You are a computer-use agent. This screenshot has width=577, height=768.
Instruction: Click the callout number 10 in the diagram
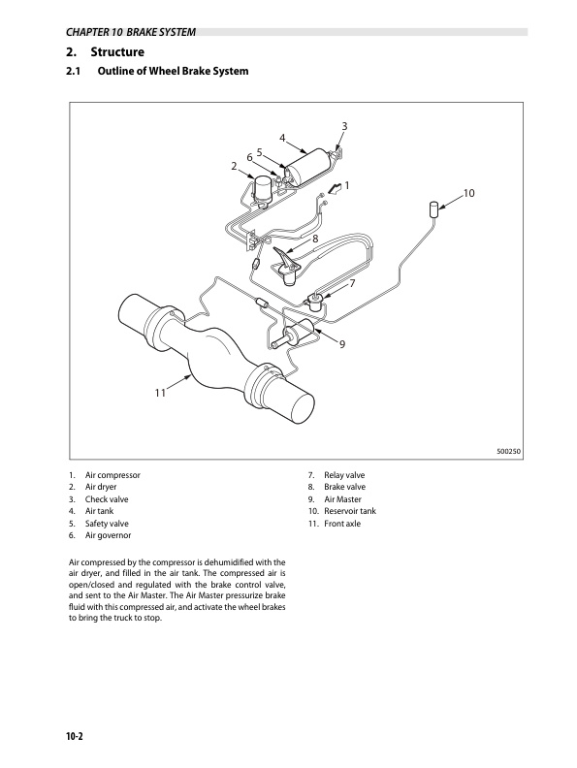pyautogui.click(x=468, y=193)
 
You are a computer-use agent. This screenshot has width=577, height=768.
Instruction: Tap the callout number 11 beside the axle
pyautogui.click(x=160, y=393)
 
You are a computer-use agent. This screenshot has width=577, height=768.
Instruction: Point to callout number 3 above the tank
pyautogui.click(x=344, y=126)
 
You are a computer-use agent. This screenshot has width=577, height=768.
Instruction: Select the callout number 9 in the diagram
pyautogui.click(x=342, y=344)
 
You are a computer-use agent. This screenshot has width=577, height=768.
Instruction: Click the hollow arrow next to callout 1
pyautogui.click(x=335, y=188)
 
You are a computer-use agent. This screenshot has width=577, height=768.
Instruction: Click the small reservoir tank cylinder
pyautogui.click(x=433, y=209)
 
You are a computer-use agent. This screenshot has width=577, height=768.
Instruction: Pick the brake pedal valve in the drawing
pyautogui.click(x=286, y=266)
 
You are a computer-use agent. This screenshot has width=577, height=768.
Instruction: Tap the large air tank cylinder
pyautogui.click(x=308, y=166)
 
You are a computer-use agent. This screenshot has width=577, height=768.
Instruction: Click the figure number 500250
pyautogui.click(x=509, y=452)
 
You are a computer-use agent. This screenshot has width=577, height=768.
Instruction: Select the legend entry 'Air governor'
pyautogui.click(x=109, y=535)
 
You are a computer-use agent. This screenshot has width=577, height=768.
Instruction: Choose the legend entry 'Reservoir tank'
pyautogui.click(x=350, y=511)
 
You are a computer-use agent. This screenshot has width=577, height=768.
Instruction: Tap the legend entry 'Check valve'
pyautogui.click(x=107, y=499)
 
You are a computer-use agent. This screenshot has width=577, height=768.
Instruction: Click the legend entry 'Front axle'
pyautogui.click(x=342, y=523)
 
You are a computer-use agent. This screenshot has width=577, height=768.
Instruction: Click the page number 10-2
pyautogui.click(x=75, y=736)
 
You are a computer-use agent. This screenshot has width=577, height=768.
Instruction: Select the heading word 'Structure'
pyautogui.click(x=117, y=52)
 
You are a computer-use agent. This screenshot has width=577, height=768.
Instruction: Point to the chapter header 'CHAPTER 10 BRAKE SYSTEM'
pyautogui.click(x=131, y=32)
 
